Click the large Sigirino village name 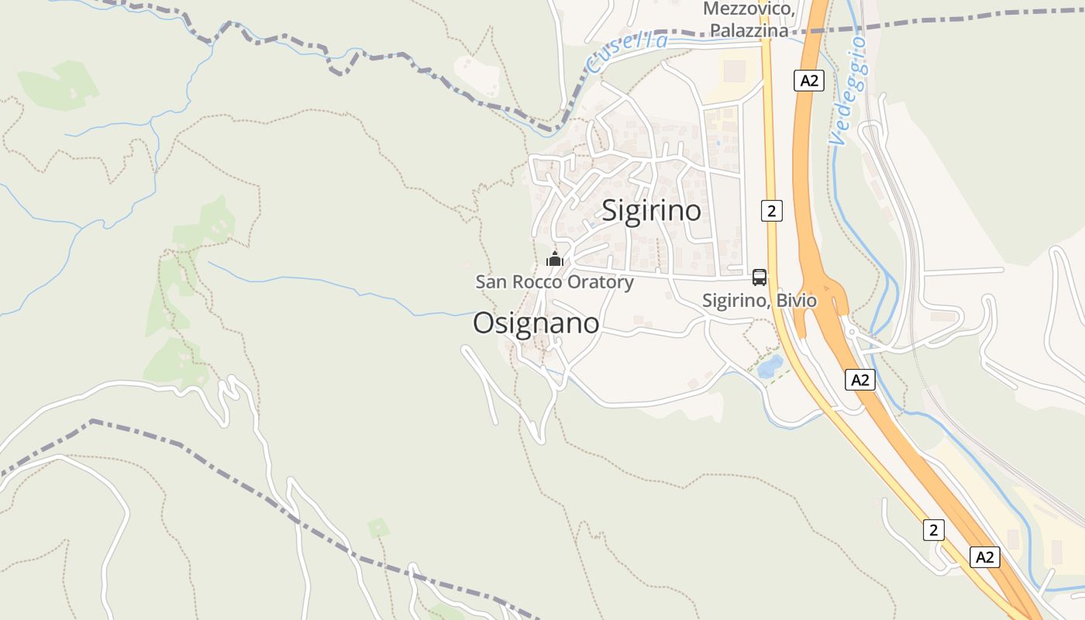[x=651, y=211]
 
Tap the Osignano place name [x=536, y=323]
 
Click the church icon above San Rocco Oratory [x=554, y=259]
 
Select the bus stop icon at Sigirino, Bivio [x=759, y=277]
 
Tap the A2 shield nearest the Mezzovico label [x=808, y=81]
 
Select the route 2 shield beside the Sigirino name [x=771, y=210]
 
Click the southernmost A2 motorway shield [x=984, y=556]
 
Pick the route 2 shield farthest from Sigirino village [x=934, y=530]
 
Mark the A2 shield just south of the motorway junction [x=860, y=380]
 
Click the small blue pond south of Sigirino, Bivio [x=770, y=366]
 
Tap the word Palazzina [x=750, y=31]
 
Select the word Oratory [x=600, y=282]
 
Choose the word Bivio [x=797, y=300]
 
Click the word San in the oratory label [x=491, y=282]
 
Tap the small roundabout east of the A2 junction [x=851, y=332]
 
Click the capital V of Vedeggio [x=835, y=139]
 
